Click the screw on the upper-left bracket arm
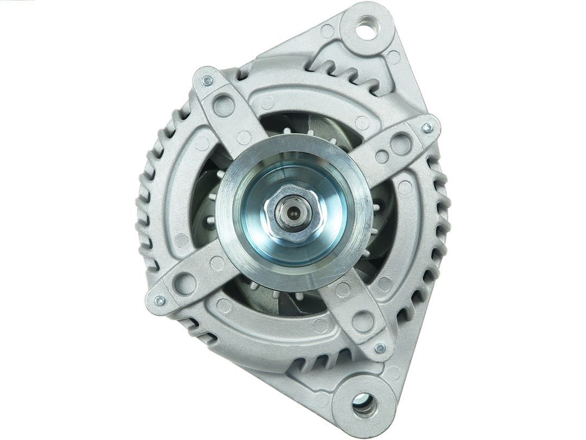coord(207,81)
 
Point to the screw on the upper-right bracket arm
coord(427,128)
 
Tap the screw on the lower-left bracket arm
coord(159,300)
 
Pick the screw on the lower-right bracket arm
coord(380,348)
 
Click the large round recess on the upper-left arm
coord(223,104)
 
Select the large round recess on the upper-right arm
coord(401,144)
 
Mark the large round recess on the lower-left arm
coord(186,283)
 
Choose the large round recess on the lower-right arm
coord(362,322)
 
